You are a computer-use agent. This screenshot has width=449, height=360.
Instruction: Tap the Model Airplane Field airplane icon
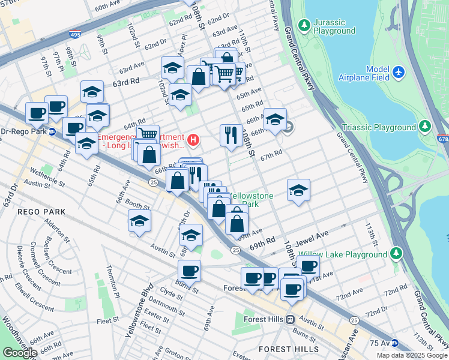pos(399,73)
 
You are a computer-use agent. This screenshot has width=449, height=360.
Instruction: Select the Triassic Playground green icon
pos(425,127)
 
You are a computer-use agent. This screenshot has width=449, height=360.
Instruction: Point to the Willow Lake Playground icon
pos(396,254)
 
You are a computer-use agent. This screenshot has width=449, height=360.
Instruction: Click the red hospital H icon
pos(193,140)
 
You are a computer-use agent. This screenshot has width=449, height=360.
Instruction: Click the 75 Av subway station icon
pos(393,343)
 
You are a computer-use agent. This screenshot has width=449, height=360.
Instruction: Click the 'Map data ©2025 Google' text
pos(412,355)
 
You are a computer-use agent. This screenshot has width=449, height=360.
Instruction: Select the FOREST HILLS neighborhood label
pos(283,349)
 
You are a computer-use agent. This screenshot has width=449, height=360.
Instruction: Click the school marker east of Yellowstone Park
pos(298,190)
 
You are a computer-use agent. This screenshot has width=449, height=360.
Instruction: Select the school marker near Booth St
pos(139,221)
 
